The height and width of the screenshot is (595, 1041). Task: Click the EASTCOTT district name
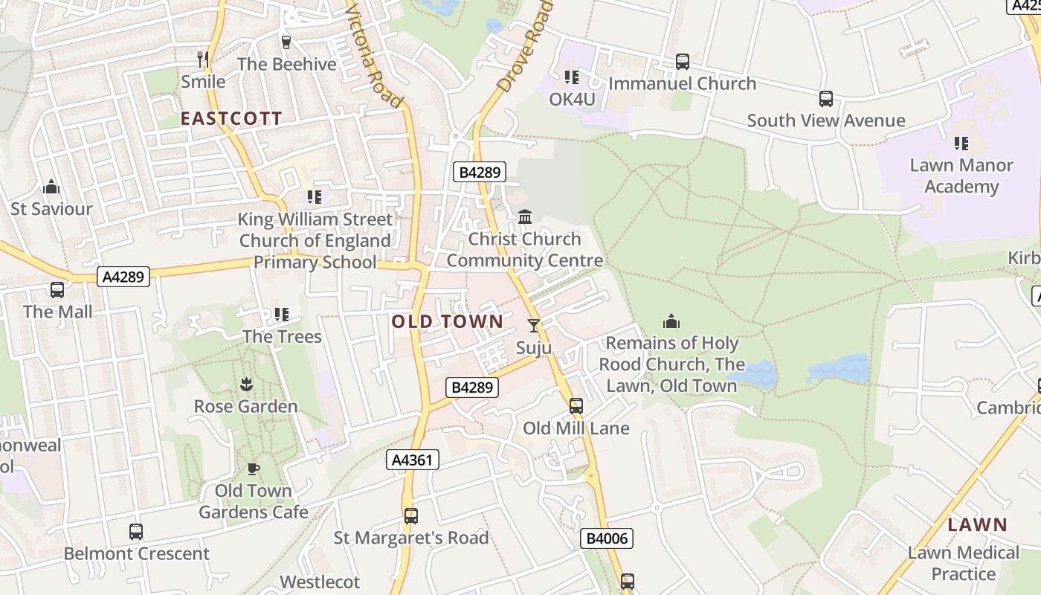click(x=231, y=118)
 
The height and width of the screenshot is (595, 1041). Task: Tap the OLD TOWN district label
click(x=447, y=322)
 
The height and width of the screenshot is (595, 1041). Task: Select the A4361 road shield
click(x=413, y=460)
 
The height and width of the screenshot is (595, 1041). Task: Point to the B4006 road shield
click(x=606, y=538)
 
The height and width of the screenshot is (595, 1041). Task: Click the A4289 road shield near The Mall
click(x=123, y=277)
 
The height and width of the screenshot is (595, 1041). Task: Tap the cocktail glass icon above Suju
click(x=534, y=326)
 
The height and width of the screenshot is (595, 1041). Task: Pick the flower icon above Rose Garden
click(x=245, y=385)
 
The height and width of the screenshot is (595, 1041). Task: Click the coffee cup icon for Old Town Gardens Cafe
click(x=253, y=469)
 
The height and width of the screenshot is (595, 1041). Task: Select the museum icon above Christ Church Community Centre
click(x=525, y=216)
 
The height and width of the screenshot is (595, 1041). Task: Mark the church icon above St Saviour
click(x=51, y=187)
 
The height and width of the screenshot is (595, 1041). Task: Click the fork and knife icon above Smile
click(x=203, y=59)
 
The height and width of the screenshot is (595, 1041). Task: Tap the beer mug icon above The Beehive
click(x=286, y=42)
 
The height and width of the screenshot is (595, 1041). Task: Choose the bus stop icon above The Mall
click(x=57, y=290)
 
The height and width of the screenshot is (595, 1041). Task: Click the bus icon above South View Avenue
click(x=825, y=99)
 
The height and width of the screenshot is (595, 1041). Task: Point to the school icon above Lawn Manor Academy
click(x=961, y=143)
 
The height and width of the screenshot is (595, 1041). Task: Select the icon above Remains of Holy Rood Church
click(x=671, y=321)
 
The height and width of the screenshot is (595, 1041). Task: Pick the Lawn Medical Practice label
click(x=963, y=563)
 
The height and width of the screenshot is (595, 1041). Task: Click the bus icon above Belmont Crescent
click(x=136, y=532)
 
